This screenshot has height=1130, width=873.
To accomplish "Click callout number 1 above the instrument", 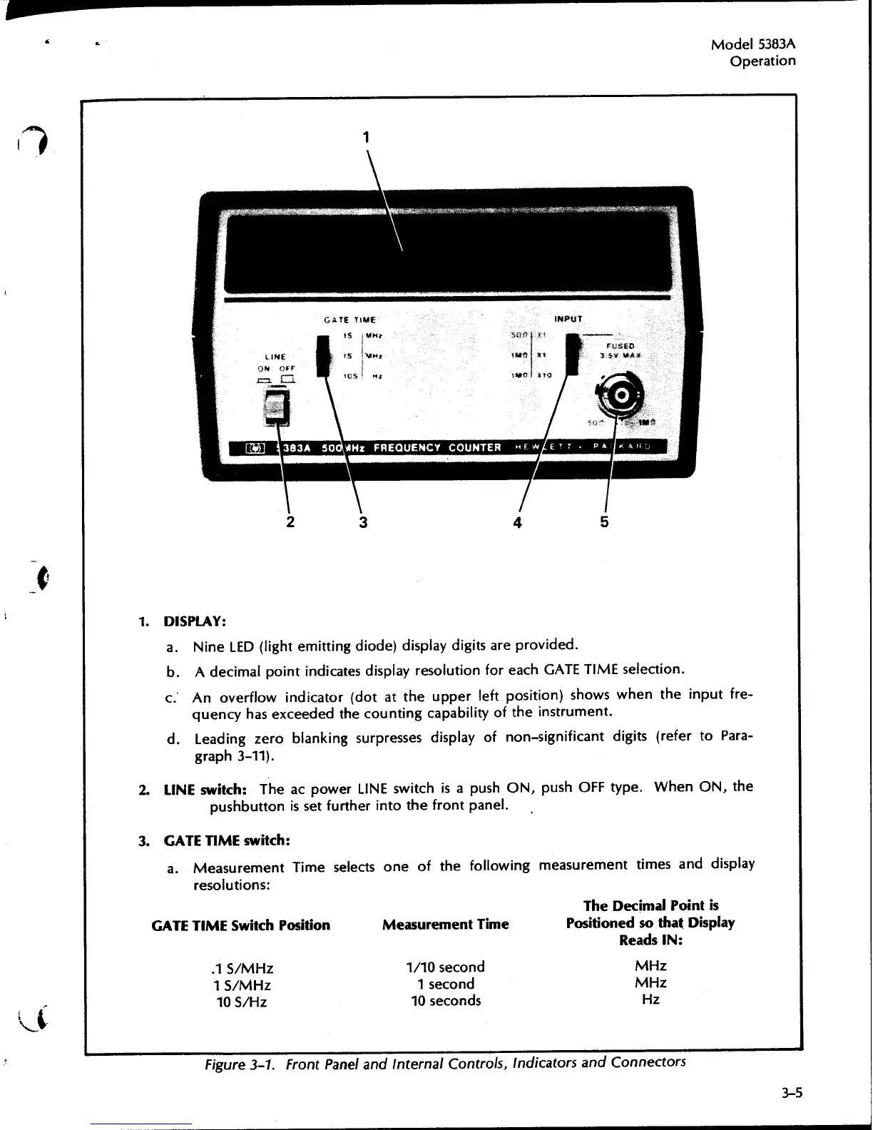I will pyautogui.click(x=366, y=137).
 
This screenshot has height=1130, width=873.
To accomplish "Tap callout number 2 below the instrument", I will pyautogui.click(x=290, y=521).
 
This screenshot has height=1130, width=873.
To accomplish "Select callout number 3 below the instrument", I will pyautogui.click(x=363, y=522).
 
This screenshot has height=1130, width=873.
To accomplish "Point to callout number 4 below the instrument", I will pyautogui.click(x=518, y=522).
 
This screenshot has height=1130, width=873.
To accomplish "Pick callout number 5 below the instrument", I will pyautogui.click(x=604, y=521).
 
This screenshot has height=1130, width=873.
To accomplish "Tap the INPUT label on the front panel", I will pyautogui.click(x=568, y=319).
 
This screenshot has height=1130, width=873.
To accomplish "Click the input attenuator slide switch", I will pyautogui.click(x=571, y=357).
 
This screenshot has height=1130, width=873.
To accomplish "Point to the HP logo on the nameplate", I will pyautogui.click(x=255, y=448).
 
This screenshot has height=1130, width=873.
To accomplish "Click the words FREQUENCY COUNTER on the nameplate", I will pyautogui.click(x=437, y=447).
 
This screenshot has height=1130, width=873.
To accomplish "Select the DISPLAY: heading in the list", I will pyautogui.click(x=195, y=621).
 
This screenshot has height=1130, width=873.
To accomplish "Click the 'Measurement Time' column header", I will pyautogui.click(x=445, y=925).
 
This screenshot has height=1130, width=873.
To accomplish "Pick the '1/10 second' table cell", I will pyautogui.click(x=445, y=967).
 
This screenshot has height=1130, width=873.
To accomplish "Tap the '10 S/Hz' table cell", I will pyautogui.click(x=242, y=1002).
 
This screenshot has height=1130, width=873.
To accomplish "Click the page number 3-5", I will pyautogui.click(x=791, y=1091).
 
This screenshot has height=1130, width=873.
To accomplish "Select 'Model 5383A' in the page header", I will pyautogui.click(x=753, y=44).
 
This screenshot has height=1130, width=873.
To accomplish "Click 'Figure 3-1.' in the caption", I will pyautogui.click(x=242, y=1064).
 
